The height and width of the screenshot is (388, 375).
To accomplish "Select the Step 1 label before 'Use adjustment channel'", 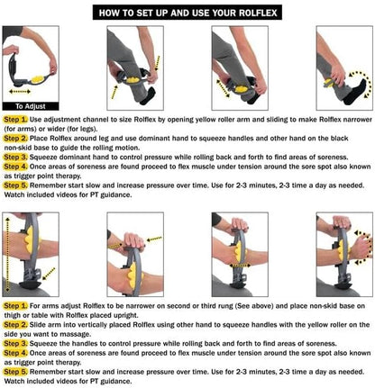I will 15,118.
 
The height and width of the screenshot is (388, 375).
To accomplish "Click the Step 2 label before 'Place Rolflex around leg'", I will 15,138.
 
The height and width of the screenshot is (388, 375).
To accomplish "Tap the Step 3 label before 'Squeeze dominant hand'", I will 15,157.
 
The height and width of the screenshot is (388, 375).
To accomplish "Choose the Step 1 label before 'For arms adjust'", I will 15,306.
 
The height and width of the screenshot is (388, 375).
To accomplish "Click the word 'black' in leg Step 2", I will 359,138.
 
